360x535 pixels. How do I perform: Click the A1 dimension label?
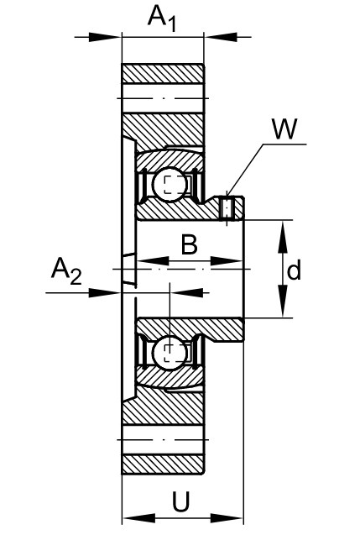click(162, 18)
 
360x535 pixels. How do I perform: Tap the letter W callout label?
click(284, 129)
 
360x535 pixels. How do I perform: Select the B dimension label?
click(189, 244)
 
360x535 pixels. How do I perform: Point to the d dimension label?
click(294, 270)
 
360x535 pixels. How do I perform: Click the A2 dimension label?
click(67, 271)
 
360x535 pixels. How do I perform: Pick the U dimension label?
click(180, 502)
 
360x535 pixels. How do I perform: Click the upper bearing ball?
click(170, 185)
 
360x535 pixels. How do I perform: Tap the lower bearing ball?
click(170, 353)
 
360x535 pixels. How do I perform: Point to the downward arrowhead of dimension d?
click(283, 302)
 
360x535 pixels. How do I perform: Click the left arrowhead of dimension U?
click(138, 519)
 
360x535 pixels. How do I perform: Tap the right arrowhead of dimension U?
click(227, 519)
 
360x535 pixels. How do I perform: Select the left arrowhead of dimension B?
click(153, 261)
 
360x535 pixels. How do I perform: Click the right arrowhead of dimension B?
click(227, 261)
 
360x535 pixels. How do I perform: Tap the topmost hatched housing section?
click(164, 74)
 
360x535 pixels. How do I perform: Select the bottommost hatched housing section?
click(164, 464)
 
